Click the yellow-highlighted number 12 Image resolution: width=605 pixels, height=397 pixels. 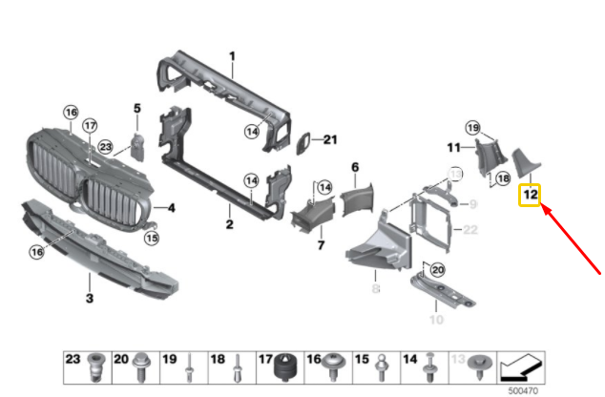pyautogui.click(x=531, y=196)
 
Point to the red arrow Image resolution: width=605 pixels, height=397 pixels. pyautogui.click(x=572, y=239)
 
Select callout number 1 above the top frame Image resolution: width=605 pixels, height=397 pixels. pyautogui.click(x=231, y=56)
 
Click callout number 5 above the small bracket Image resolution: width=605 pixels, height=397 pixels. pyautogui.click(x=136, y=108)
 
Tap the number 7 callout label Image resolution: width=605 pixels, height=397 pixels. pyautogui.click(x=320, y=245)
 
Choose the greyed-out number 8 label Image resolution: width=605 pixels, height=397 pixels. pyautogui.click(x=375, y=286)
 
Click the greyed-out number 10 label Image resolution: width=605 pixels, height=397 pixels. pyautogui.click(x=436, y=319)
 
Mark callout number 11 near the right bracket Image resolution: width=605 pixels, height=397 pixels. pyautogui.click(x=454, y=147)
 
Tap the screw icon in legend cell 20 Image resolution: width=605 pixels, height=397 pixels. pyautogui.click(x=140, y=367)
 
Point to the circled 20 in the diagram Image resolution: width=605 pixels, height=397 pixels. pyautogui.click(x=437, y=270)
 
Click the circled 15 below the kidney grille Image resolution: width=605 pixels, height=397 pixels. pyautogui.click(x=151, y=237)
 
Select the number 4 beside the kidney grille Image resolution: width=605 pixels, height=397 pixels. pyautogui.click(x=171, y=206)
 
